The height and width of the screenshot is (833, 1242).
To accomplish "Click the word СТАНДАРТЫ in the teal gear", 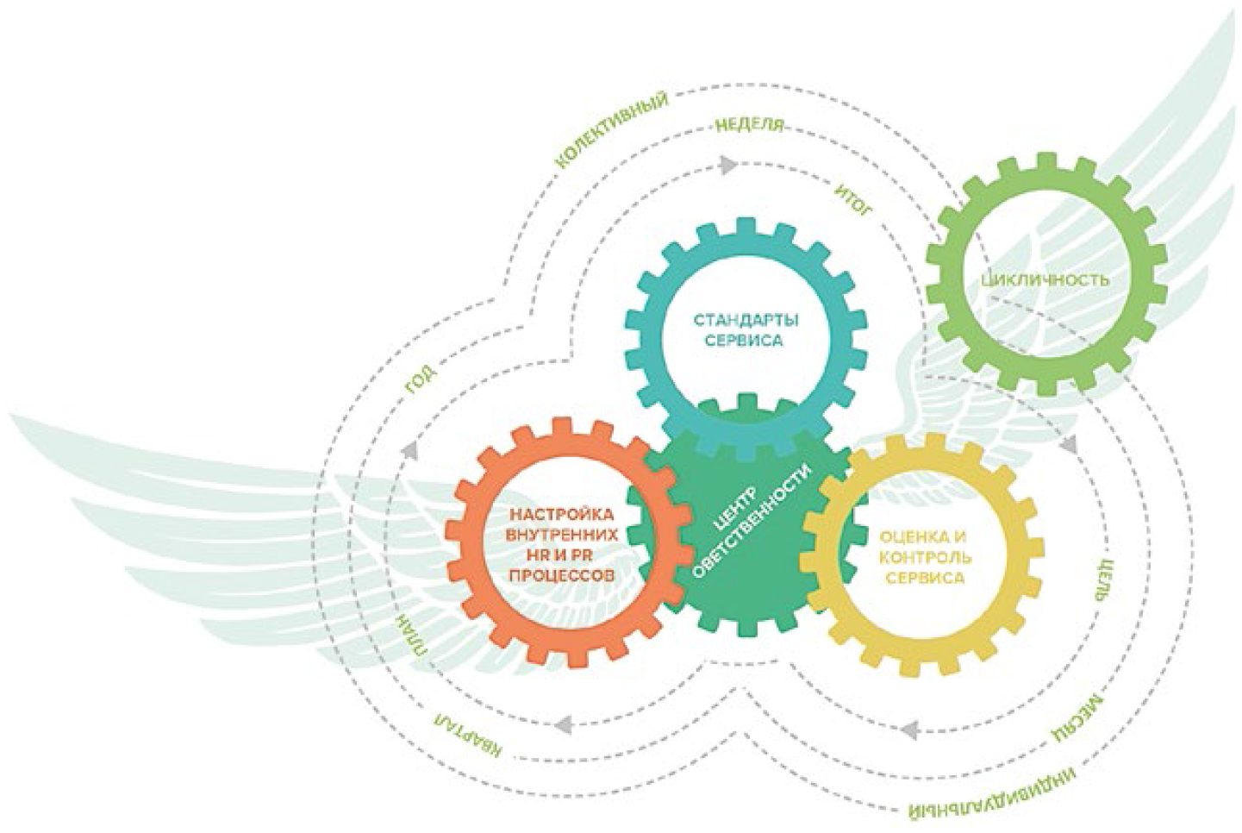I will (x=746, y=320).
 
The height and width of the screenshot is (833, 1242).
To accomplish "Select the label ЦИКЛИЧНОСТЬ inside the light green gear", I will (x=1045, y=279).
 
